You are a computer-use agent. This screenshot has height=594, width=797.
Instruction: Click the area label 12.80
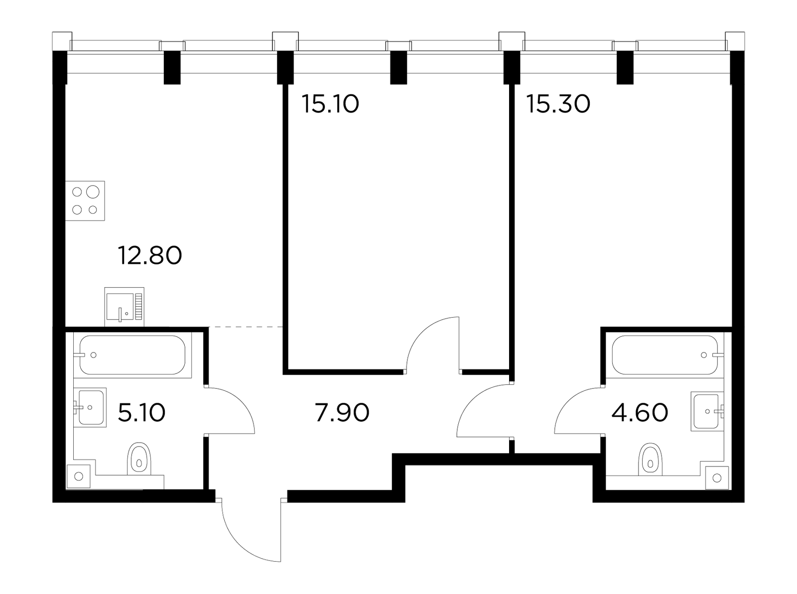point(149,255)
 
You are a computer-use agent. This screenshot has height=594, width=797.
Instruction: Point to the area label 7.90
point(342,413)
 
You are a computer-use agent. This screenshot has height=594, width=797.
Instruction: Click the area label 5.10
point(141,413)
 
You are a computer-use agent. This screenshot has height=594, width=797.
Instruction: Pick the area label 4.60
point(640,413)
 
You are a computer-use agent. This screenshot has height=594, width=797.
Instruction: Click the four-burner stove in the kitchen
point(85,201)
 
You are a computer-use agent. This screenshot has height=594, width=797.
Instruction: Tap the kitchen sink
point(124,307)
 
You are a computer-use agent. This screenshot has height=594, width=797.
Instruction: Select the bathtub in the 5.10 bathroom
point(133,355)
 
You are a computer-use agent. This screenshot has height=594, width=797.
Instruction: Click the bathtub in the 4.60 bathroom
point(665,355)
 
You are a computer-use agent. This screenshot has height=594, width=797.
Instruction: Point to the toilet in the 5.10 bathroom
point(138,459)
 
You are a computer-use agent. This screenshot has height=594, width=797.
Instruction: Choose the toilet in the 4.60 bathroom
point(651,460)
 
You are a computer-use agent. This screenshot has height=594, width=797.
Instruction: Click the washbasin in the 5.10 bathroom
point(90,407)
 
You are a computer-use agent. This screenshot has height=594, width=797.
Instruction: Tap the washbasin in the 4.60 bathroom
point(707,411)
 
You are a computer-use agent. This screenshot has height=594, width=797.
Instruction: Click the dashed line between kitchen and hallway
point(246,327)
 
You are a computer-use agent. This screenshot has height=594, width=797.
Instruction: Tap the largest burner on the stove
point(93,192)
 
